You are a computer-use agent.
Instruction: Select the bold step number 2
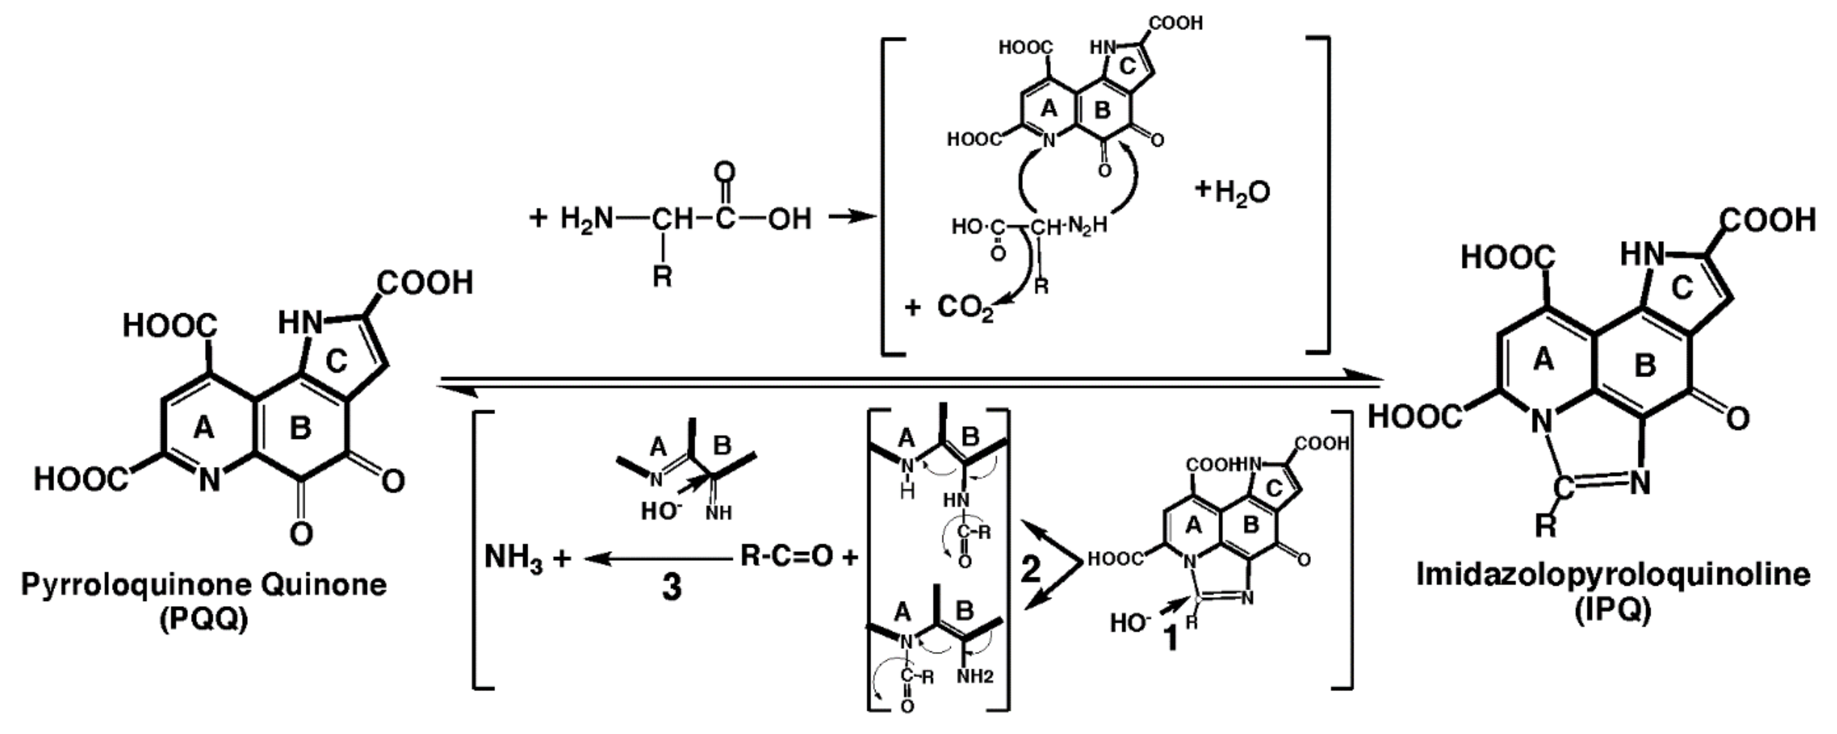[1031, 569]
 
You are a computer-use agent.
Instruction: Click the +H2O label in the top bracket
[1234, 191]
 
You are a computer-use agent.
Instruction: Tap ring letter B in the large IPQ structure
[1644, 366]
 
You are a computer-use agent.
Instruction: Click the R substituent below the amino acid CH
[662, 276]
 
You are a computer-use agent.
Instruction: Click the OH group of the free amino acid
[789, 219]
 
